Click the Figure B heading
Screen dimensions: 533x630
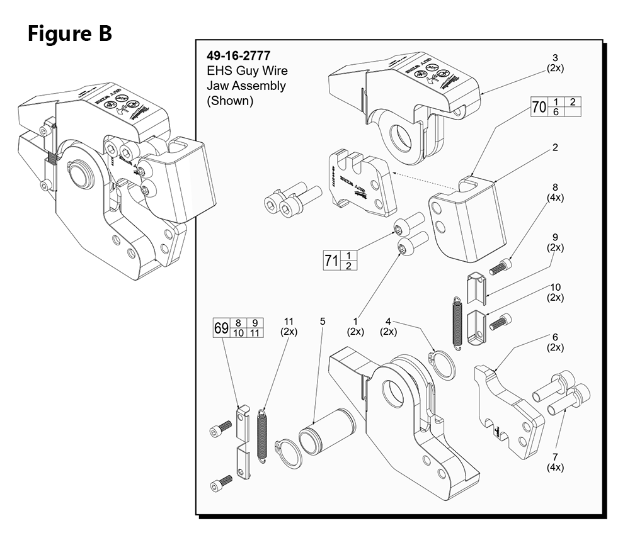point(69,33)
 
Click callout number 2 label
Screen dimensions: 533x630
point(555,148)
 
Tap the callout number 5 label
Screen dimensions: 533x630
point(323,322)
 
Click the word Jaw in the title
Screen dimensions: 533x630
point(217,86)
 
